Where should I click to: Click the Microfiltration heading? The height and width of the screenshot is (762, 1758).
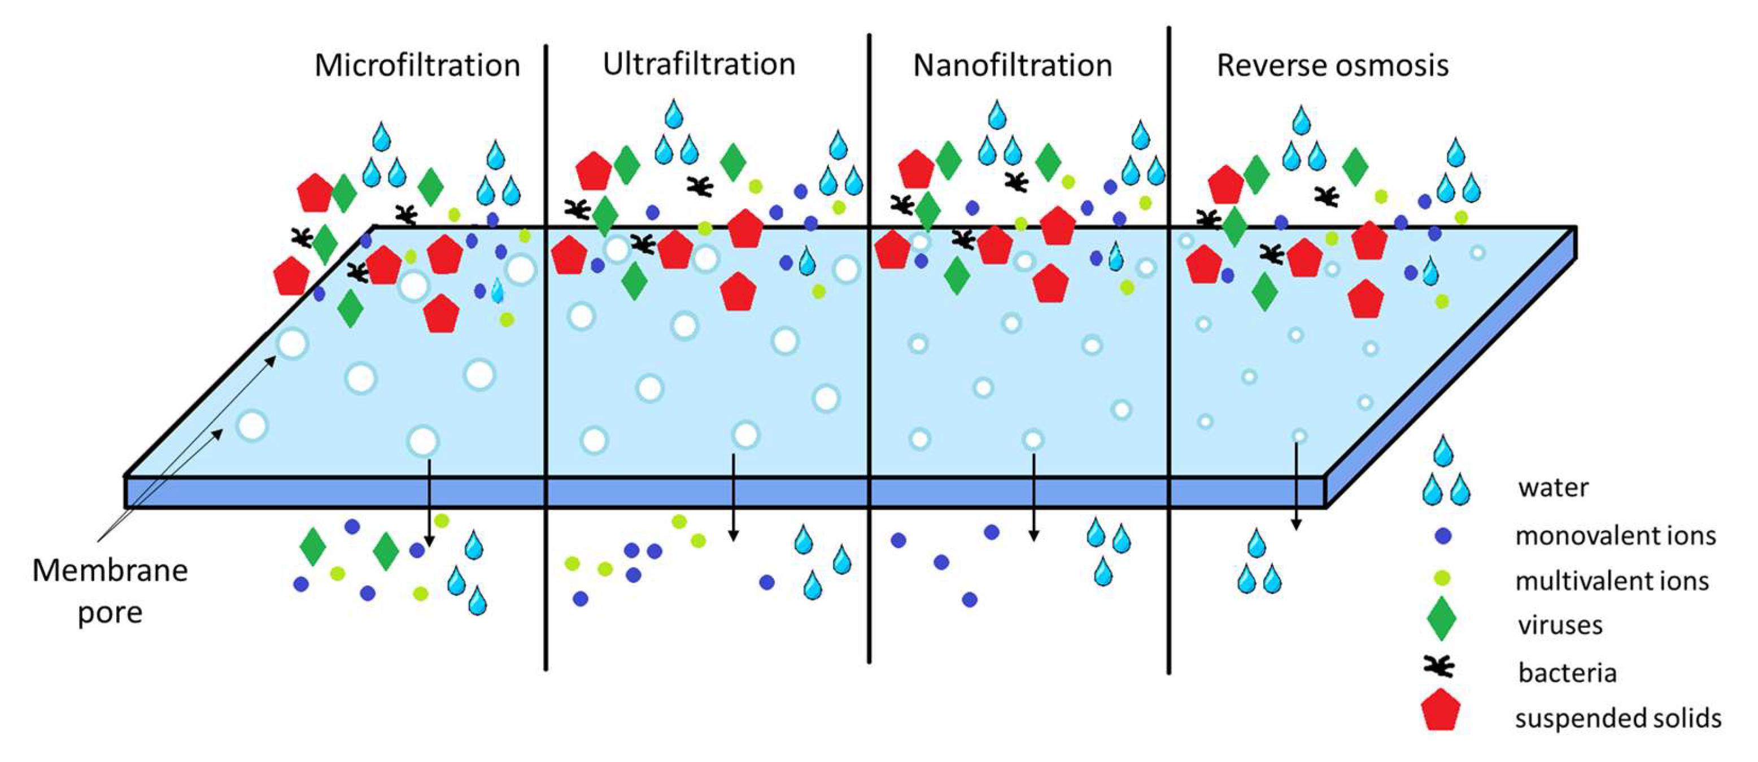[x=417, y=66]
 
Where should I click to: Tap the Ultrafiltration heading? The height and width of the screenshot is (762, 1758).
[x=699, y=65]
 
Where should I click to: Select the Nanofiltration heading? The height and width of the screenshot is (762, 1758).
[x=1013, y=66]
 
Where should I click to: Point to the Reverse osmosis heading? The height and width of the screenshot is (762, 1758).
[x=1332, y=66]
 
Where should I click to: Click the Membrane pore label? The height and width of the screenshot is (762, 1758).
[x=110, y=591]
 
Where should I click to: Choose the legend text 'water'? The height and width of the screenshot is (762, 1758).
[x=1553, y=488]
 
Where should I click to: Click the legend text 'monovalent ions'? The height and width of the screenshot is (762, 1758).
[x=1615, y=536]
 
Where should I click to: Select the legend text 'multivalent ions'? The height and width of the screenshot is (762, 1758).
[x=1612, y=581]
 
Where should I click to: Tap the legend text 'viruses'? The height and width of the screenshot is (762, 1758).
[x=1560, y=625]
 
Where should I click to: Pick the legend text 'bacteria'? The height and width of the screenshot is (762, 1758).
[x=1567, y=673]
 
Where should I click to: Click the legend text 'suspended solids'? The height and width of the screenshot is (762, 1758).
[x=1618, y=719]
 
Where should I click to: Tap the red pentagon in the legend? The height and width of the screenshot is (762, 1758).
[x=1441, y=710]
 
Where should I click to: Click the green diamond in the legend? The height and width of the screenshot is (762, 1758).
[x=1441, y=619]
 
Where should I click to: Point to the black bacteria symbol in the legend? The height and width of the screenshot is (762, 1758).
[x=1438, y=666]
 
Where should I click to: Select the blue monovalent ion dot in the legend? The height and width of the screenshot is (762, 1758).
[x=1443, y=536]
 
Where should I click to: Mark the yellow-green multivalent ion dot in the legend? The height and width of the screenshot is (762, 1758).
[x=1442, y=579]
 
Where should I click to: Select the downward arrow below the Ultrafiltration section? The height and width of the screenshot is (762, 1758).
[x=733, y=497]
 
